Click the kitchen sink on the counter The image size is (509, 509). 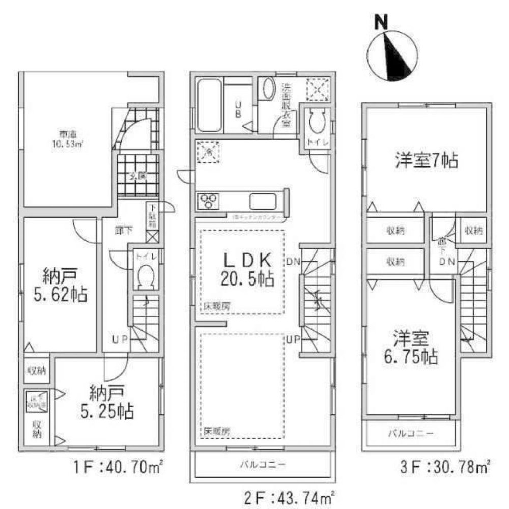coord(263,202)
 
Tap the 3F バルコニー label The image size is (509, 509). coord(411,434)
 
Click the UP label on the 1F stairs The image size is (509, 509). coord(120,337)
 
